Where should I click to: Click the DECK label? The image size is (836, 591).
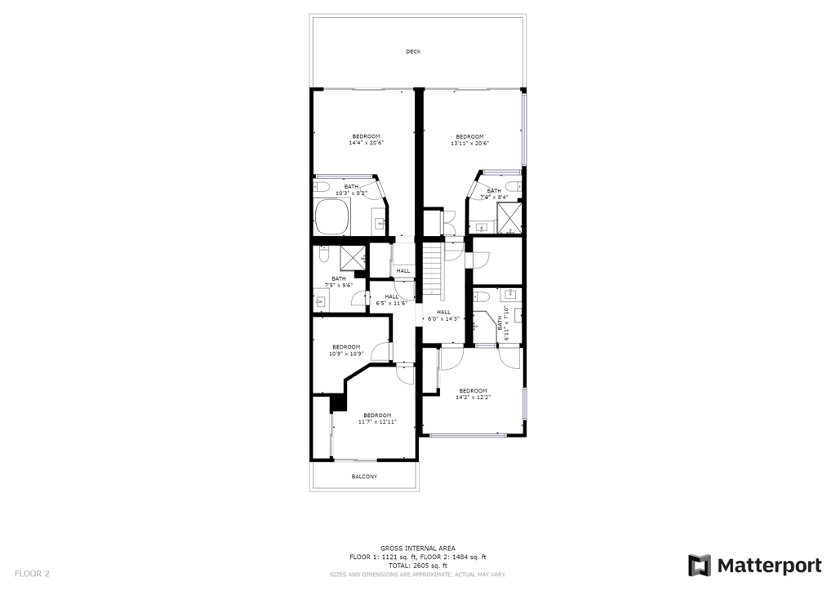tap(413, 51)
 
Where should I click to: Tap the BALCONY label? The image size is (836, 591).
tap(364, 477)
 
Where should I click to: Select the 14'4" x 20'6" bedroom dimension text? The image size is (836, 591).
tap(367, 143)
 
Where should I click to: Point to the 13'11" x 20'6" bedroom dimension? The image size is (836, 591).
tap(469, 143)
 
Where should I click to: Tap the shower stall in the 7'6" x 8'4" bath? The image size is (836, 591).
tap(509, 218)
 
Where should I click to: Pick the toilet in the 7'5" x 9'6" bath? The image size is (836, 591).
tap(323, 254)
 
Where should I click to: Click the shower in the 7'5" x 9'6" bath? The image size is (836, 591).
tap(353, 259)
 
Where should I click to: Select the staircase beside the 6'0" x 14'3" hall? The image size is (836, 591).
tap(433, 271)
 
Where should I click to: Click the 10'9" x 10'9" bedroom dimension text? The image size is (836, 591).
tap(346, 353)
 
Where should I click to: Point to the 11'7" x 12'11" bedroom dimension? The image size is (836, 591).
tap(377, 421)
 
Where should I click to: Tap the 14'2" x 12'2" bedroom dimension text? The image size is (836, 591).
tap(473, 397)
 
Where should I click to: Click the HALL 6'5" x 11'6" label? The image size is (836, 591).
tap(392, 300)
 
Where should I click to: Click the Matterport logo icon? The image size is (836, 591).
tap(699, 566)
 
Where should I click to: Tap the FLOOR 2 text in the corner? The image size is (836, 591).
tap(32, 574)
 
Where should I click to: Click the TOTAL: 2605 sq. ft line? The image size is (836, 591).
tap(417, 566)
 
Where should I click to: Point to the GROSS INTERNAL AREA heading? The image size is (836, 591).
tap(417, 549)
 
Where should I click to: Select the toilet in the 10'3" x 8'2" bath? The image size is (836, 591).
tap(322, 186)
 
